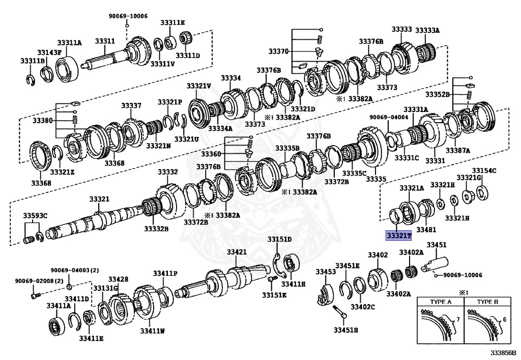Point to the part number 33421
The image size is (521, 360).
[x=237, y=252]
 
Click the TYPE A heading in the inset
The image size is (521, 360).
[x=441, y=302]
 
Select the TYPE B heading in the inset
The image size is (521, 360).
[x=488, y=302]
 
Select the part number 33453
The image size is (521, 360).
[x=326, y=271]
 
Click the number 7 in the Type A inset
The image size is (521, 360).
[x=457, y=319]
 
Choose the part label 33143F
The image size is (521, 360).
[x=49, y=52]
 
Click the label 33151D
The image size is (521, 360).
[x=280, y=239]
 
